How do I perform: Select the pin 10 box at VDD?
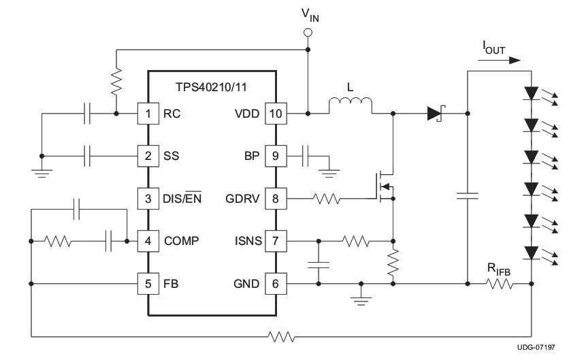tap(274, 114)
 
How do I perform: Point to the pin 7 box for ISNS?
tap(274, 241)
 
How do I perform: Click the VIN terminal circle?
tap(308, 32)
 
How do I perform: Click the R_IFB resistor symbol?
tap(500, 283)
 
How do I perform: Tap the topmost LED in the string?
tap(531, 93)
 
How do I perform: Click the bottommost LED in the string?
tap(531, 252)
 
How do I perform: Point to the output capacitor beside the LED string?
tap(468, 197)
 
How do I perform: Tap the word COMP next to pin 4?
tap(182, 241)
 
